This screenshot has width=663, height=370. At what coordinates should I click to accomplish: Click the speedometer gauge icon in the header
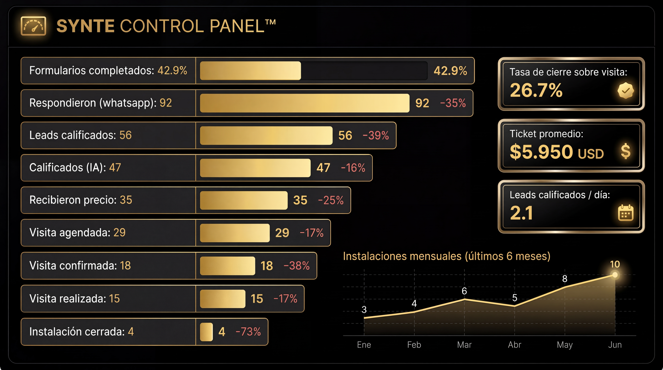pyautogui.click(x=33, y=26)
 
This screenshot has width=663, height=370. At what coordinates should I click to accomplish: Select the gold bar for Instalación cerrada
pyautogui.click(x=206, y=332)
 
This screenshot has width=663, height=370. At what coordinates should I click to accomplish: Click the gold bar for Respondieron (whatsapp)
pyautogui.click(x=305, y=103)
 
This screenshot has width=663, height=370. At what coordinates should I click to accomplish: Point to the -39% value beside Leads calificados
pyautogui.click(x=376, y=135)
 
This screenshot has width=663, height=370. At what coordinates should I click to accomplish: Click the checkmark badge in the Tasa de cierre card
pyautogui.click(x=625, y=91)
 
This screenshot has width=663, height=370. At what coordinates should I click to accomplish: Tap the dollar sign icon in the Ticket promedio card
pyautogui.click(x=625, y=151)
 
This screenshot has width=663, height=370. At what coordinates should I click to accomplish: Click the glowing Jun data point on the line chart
pyautogui.click(x=615, y=275)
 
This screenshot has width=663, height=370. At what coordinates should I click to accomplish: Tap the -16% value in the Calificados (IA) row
pyautogui.click(x=353, y=168)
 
